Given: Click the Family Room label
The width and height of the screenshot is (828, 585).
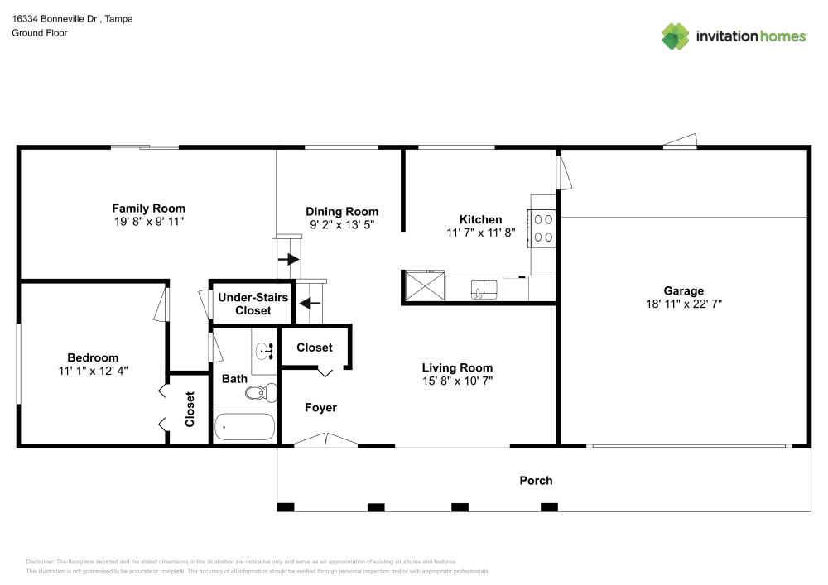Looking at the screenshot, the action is click(148, 209).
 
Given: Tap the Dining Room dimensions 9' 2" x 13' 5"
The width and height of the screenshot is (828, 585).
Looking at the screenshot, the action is click(342, 225).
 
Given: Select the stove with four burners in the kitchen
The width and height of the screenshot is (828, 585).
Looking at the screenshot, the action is click(542, 228).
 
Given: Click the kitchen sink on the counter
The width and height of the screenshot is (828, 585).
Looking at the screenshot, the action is click(484, 289).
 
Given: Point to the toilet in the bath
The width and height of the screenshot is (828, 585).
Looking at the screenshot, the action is click(262, 392).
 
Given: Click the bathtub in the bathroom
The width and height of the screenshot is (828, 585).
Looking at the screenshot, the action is click(244, 427).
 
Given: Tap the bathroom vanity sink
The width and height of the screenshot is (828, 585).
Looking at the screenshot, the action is click(265, 350).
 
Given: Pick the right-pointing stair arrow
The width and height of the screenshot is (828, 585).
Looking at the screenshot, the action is click(288, 260).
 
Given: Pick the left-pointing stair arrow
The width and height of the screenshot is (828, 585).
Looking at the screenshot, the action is click(310, 304).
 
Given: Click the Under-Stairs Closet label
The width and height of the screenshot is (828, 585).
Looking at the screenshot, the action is click(253, 304).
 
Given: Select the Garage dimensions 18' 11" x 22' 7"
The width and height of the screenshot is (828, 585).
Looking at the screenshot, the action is click(684, 304).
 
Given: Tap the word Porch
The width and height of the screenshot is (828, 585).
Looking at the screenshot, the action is click(536, 481).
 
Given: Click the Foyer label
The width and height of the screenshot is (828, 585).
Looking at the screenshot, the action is click(320, 408).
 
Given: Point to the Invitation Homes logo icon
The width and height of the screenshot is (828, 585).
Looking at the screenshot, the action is click(676, 36).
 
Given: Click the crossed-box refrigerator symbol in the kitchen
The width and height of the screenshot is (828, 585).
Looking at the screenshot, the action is click(425, 286).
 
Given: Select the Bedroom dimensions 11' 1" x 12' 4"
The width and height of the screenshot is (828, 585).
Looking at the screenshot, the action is click(93, 371).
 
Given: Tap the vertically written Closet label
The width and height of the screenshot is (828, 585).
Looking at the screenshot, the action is click(190, 409).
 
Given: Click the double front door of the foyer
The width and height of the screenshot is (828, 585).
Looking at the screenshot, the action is click(325, 439).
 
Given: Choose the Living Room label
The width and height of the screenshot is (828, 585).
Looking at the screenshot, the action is click(457, 367).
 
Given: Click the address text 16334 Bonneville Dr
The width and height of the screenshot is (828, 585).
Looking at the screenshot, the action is click(55, 19).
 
